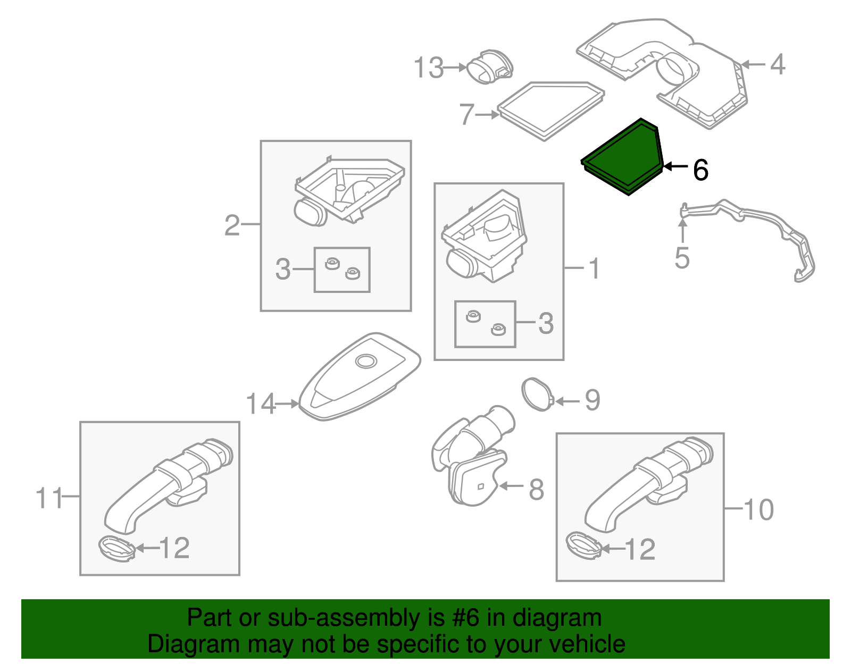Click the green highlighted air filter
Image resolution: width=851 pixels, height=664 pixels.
[x=622, y=157]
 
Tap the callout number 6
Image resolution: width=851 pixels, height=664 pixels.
[x=700, y=170]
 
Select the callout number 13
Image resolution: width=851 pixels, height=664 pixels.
[x=428, y=68]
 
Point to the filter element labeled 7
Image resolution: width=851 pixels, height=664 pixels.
[x=551, y=111]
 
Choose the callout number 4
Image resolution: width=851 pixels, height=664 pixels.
[x=778, y=64]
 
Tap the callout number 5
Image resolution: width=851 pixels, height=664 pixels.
[x=682, y=258]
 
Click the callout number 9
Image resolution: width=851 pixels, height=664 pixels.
[x=593, y=400]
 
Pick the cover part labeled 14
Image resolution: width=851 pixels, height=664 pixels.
[x=360, y=377]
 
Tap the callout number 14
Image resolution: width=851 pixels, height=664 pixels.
[x=261, y=404]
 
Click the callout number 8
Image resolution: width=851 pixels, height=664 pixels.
[x=536, y=490]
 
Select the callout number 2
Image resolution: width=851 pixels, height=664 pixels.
[x=232, y=225]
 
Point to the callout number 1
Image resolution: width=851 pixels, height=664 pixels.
[x=594, y=268]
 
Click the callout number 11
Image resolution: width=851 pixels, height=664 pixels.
[x=49, y=498]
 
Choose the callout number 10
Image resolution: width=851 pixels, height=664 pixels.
[x=758, y=510]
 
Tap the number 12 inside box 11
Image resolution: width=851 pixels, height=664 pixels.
[x=174, y=548]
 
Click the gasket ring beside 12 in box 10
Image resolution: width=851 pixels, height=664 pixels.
[x=584, y=545]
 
